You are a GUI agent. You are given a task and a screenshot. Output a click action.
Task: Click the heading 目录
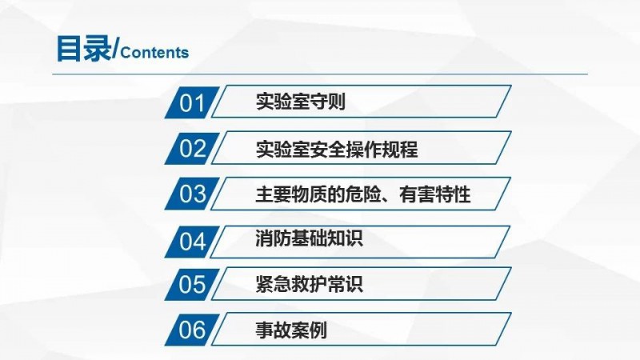point(84,49)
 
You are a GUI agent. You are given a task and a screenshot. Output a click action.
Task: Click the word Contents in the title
point(154,53)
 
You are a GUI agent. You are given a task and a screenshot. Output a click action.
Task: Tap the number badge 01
point(192,102)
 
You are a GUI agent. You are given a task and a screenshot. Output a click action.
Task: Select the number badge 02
point(192,148)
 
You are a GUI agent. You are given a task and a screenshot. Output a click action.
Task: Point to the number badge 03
point(192,194)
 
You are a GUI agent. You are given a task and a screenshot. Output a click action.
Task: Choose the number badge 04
point(192,242)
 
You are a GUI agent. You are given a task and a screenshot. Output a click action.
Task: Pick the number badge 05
point(192,285)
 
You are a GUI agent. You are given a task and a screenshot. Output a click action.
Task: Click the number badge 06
point(192,330)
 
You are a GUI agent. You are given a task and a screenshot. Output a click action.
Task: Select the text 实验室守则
point(301,102)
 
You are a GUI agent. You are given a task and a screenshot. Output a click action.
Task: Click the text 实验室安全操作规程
point(337,150)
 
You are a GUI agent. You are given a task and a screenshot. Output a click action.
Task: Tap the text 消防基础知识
point(309,238)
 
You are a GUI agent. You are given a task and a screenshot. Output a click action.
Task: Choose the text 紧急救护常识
point(309,284)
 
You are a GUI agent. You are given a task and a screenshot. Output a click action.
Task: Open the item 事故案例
point(291,330)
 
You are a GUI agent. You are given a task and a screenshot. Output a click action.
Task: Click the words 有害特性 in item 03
point(435,194)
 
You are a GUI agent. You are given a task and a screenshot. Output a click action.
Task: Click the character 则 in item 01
point(337,102)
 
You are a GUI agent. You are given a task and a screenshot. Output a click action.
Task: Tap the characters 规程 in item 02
point(400,150)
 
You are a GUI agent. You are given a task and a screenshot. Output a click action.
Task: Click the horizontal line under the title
point(320,74)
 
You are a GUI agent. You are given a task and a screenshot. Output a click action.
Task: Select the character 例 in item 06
point(318,330)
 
